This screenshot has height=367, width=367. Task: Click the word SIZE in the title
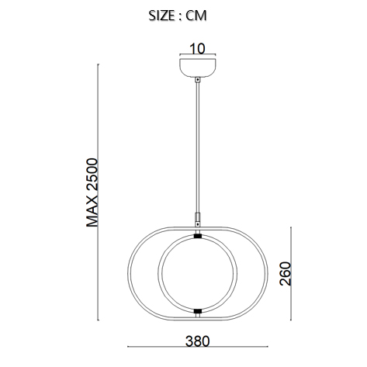161,16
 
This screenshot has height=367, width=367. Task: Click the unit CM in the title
196,16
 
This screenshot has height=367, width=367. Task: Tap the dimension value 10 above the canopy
197,48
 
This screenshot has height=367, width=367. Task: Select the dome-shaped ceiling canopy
198,68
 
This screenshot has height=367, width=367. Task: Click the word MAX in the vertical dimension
92,211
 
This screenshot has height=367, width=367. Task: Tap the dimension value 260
286,274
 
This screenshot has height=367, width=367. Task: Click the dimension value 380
197,341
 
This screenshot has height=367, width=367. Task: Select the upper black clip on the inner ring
198,236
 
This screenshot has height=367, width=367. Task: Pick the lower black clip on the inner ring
198,311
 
